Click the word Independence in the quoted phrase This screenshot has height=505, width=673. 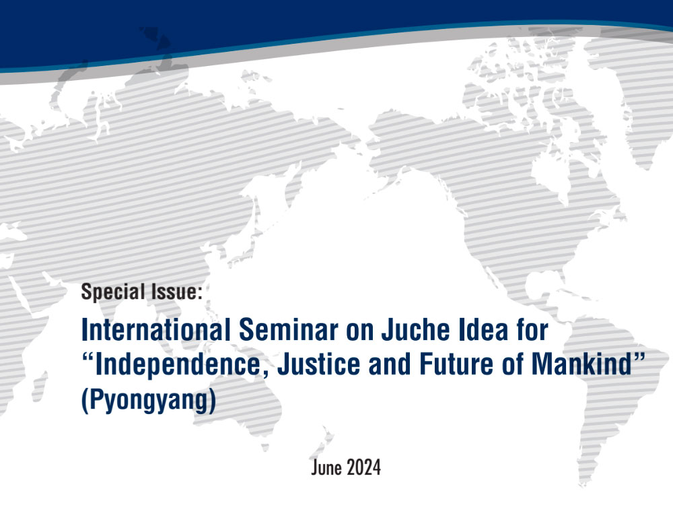[x=177, y=365]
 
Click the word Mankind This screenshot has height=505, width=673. [x=581, y=364]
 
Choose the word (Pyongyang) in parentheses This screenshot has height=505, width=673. [x=149, y=400]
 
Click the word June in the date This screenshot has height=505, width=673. [x=326, y=467]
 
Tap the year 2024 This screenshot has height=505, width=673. [x=364, y=467]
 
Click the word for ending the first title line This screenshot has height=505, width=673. [x=532, y=330]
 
